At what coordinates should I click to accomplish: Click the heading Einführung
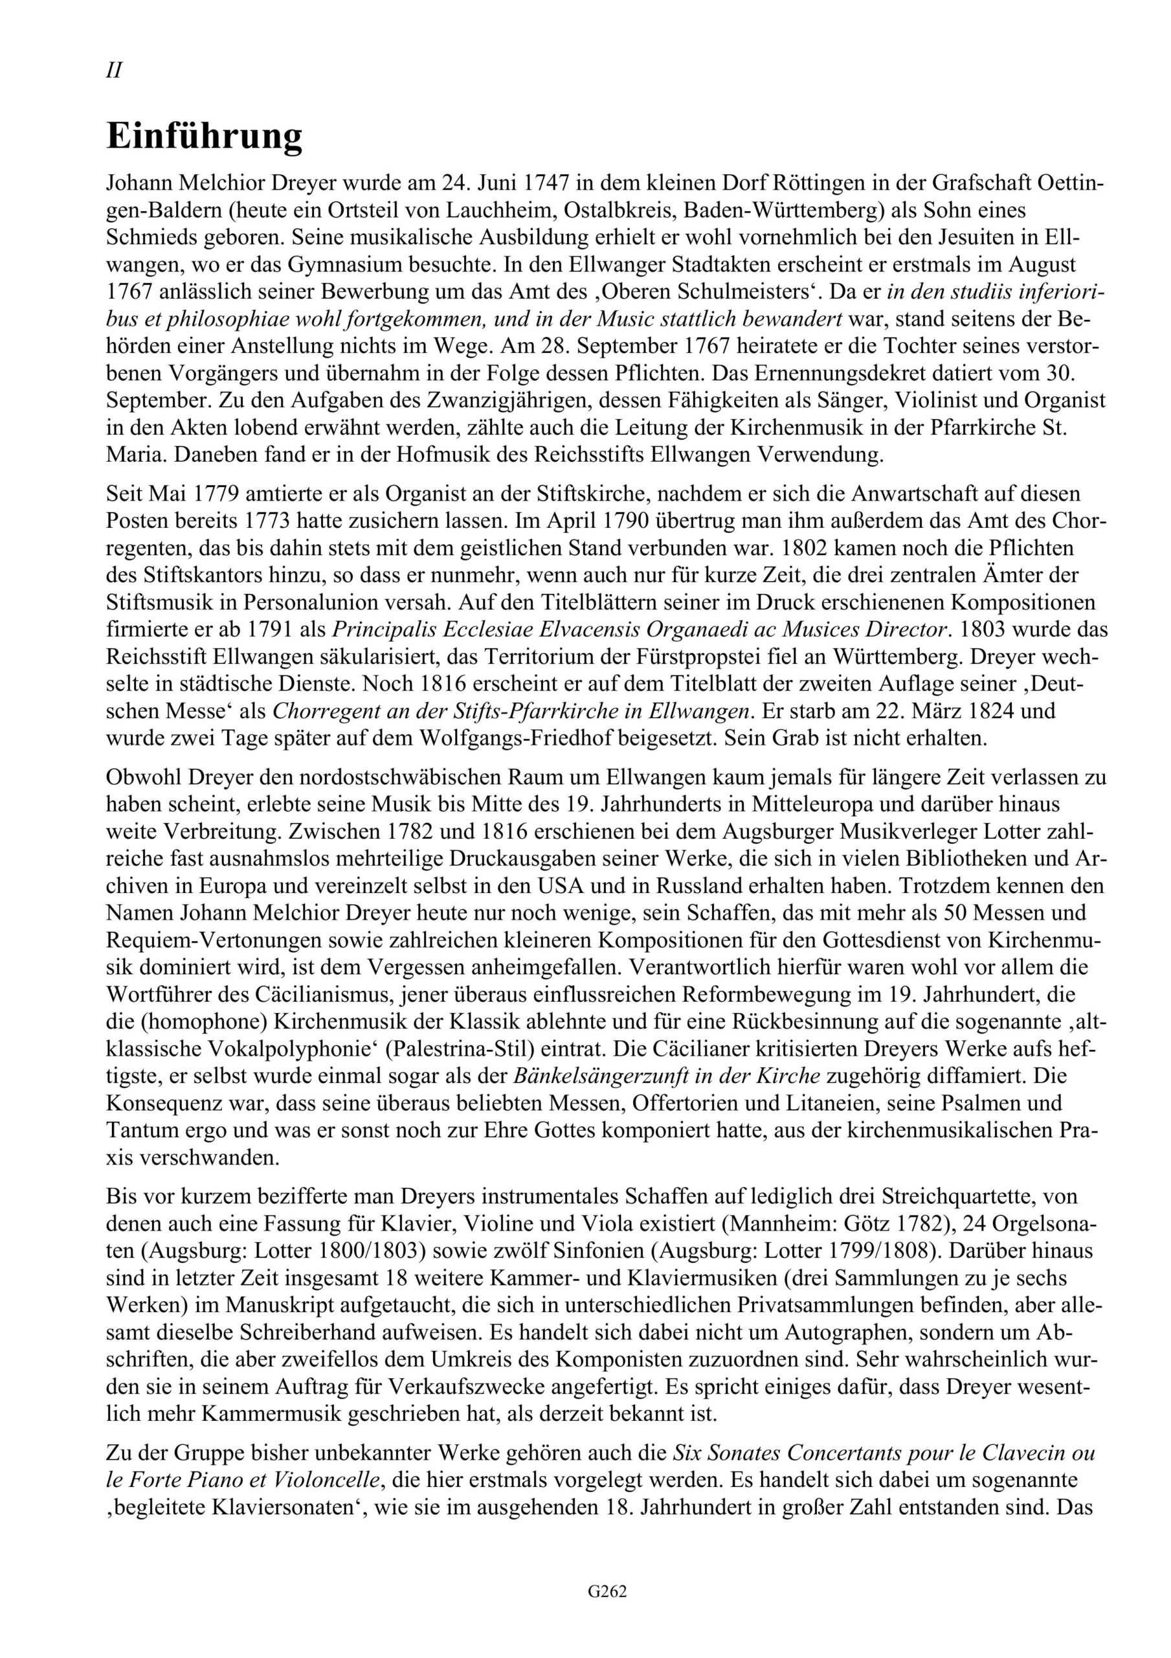(x=205, y=137)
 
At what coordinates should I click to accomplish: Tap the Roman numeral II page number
(x=114, y=71)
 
